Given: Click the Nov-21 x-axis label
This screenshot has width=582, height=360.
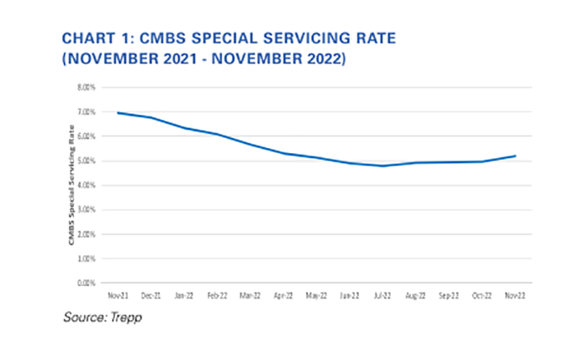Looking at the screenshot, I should [x=116, y=294].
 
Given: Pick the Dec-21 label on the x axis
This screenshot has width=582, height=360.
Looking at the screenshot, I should [x=150, y=294].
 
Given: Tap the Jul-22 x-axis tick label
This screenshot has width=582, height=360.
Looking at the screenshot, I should [x=382, y=294].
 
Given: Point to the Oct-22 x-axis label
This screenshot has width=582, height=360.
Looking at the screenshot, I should [x=481, y=294].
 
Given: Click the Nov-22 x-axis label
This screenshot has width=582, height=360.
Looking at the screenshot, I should [x=515, y=294].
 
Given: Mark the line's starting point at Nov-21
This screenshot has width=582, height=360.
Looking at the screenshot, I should [x=116, y=112].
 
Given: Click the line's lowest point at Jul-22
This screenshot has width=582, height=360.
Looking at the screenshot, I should [x=382, y=165].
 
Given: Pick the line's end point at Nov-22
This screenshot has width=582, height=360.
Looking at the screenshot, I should [x=515, y=155].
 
